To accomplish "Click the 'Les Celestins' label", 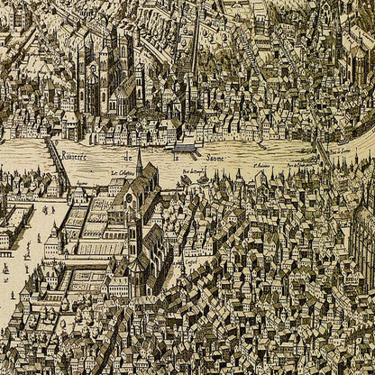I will click(123, 171).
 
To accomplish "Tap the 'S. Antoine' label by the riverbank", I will click(261, 166).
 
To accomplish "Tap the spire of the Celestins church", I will click(140, 162).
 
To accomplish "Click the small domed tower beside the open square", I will click(53, 238).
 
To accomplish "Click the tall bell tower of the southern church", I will click(133, 236).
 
